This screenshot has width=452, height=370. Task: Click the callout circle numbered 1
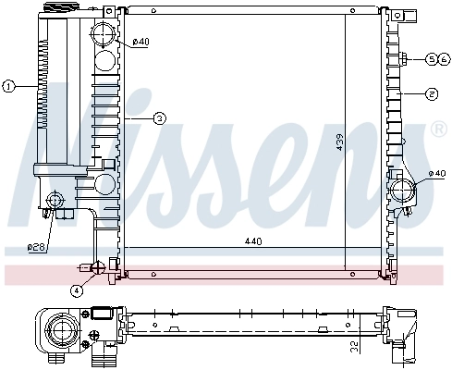pyautogui.click(x=8, y=87)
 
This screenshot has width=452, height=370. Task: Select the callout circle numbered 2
pyautogui.click(x=432, y=93)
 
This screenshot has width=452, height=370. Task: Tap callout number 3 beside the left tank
pyautogui.click(x=159, y=118)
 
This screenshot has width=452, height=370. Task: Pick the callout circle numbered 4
pyautogui.click(x=77, y=290)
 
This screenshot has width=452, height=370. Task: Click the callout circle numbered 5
pyautogui.click(x=431, y=59)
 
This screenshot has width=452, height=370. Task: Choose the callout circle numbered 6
pyautogui.click(x=444, y=59)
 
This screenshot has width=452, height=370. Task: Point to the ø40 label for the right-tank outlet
pyautogui.click(x=437, y=175)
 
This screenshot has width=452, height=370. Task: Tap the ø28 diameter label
pyautogui.click(x=36, y=246)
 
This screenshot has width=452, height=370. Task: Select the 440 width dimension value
pyautogui.click(x=253, y=241)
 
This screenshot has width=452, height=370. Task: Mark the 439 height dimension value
pyautogui.click(x=340, y=142)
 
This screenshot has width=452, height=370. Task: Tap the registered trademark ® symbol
pyautogui.click(x=439, y=131)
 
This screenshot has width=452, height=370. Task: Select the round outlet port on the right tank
pyautogui.click(x=404, y=191)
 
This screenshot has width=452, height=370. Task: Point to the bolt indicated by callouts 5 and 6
pyautogui.click(x=406, y=59)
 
